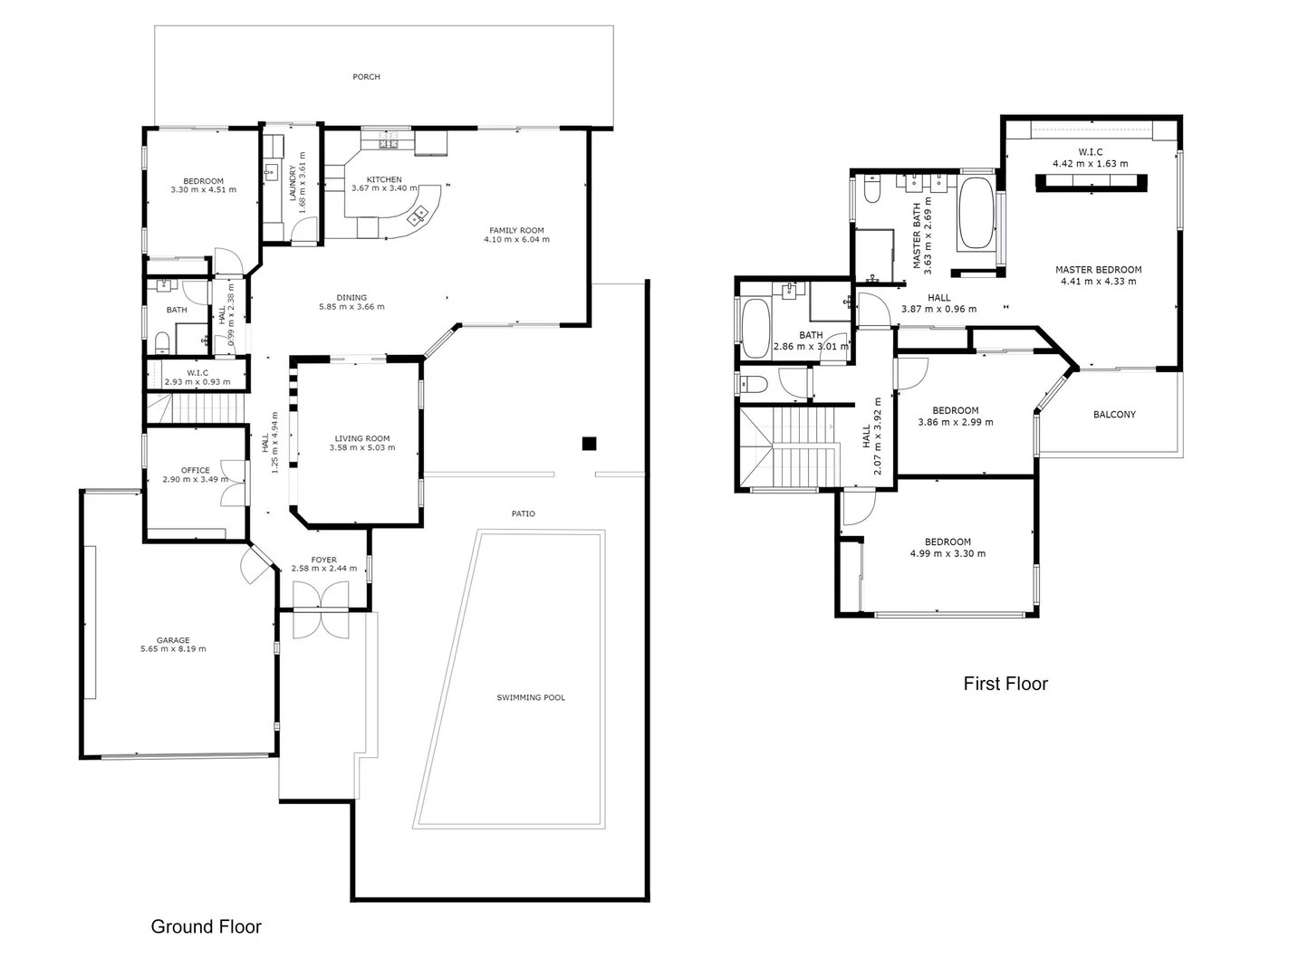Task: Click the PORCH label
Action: pyautogui.click(x=366, y=77)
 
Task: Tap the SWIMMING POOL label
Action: pyautogui.click(x=531, y=697)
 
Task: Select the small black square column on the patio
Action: pyautogui.click(x=589, y=443)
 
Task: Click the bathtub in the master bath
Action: pyautogui.click(x=976, y=214)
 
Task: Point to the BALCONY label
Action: pyautogui.click(x=1114, y=415)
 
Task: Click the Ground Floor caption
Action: pyautogui.click(x=206, y=926)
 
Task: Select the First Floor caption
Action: pyautogui.click(x=1005, y=684)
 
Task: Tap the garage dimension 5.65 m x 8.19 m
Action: pyautogui.click(x=173, y=649)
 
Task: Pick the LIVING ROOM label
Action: pyautogui.click(x=361, y=438)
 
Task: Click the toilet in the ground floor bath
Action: pyautogui.click(x=162, y=341)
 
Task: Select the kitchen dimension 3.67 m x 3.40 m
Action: pyautogui.click(x=384, y=189)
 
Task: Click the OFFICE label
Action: pyautogui.click(x=195, y=470)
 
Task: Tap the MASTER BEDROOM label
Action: pyautogui.click(x=1098, y=270)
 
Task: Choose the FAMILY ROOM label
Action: pyautogui.click(x=516, y=230)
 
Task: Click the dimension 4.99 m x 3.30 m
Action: pyautogui.click(x=948, y=554)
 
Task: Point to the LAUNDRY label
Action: pyautogui.click(x=292, y=182)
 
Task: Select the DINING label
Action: pyautogui.click(x=351, y=297)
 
